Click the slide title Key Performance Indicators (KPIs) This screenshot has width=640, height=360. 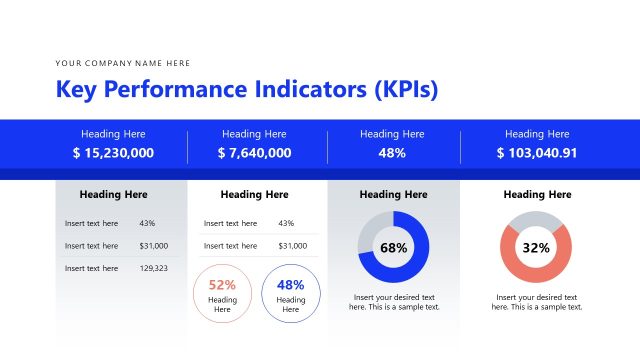click(247, 90)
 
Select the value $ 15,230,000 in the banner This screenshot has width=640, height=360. click(113, 153)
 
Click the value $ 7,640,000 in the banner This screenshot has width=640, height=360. click(254, 153)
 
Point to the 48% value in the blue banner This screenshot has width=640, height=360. click(392, 153)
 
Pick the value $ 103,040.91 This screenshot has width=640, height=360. click(537, 153)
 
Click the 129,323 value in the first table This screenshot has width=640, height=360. click(153, 268)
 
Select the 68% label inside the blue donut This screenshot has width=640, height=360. click(393, 248)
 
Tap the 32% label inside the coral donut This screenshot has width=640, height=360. click(536, 248)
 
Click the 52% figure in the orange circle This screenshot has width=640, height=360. click(222, 284)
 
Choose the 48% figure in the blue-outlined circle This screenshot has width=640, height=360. click(290, 284)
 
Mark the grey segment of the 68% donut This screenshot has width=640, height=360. click(371, 226)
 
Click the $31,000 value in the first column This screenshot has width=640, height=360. click(153, 246)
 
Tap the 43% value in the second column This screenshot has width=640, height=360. click(286, 224)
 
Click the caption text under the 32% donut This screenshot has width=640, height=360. click(536, 302)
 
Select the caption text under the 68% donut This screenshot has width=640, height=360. click(393, 302)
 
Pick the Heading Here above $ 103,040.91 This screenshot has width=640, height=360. click(537, 134)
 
